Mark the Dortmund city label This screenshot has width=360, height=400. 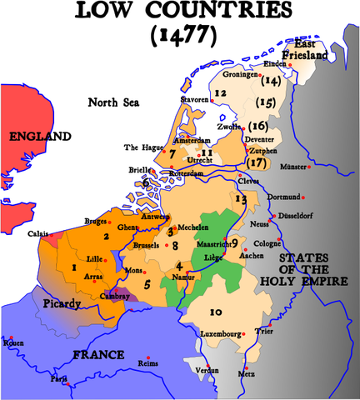[279, 197]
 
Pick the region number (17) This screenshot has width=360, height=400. [257, 162]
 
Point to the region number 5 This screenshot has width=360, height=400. [147, 285]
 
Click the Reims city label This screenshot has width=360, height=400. [146, 364]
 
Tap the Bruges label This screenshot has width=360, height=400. [97, 222]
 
